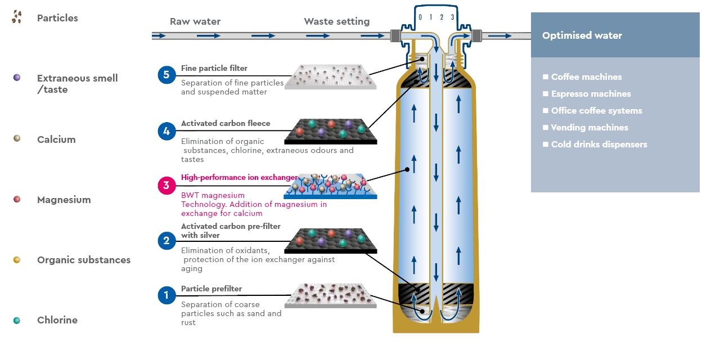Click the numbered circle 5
tap(167, 74)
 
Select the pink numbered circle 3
tap(167, 186)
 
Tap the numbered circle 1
tap(167, 295)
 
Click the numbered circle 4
tap(167, 132)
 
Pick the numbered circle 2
tap(167, 241)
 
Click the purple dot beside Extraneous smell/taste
tap(17, 78)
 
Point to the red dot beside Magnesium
tap(17, 199)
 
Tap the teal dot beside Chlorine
tap(17, 320)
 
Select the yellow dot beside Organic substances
tap(17, 259)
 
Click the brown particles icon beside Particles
tap(16, 17)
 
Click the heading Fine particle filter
tap(214, 69)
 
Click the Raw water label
tap(195, 22)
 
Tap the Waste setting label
tap(336, 22)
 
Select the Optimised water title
tap(582, 35)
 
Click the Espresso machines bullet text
tap(591, 94)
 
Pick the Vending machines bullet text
tap(589, 128)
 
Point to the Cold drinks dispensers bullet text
tap(599, 145)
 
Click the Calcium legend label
tap(56, 139)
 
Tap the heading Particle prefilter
tap(211, 289)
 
